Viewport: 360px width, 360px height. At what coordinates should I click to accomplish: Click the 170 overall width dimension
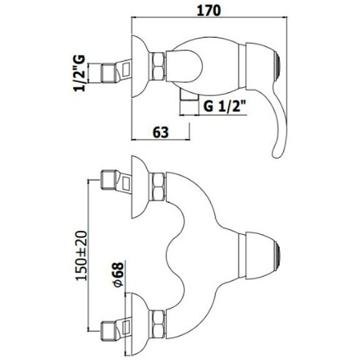[209, 11]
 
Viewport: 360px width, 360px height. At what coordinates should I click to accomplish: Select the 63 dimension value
[161, 132]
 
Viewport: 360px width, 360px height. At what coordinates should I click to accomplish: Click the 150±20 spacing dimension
[82, 256]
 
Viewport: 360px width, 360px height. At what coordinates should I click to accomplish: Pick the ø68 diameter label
[118, 274]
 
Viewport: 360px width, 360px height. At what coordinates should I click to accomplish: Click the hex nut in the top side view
[156, 66]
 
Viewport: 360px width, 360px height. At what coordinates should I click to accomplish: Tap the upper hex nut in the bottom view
[156, 187]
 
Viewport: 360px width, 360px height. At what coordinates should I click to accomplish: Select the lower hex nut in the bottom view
[156, 325]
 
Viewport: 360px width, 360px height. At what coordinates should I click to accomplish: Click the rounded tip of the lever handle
[276, 153]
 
